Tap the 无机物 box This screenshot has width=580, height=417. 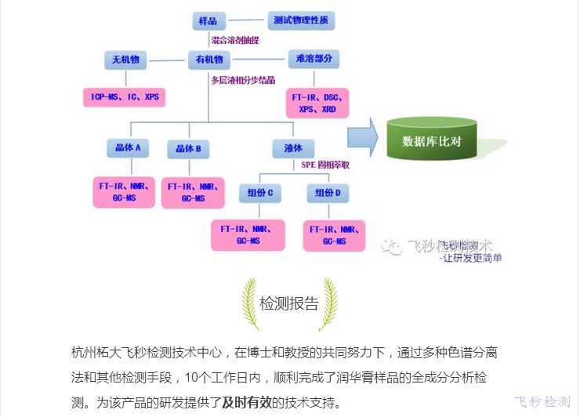coord(125,60)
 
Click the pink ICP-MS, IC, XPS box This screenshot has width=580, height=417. coord(125,97)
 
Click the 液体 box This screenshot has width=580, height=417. coord(293,147)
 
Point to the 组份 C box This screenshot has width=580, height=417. coord(260,192)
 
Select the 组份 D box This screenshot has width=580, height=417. coord(328,192)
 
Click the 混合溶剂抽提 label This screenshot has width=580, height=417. coord(235,39)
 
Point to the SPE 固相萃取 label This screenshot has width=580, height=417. coord(325,165)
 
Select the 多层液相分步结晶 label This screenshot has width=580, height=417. coord(243,80)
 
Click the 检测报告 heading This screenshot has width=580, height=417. coord(289,304)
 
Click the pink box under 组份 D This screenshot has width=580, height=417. coord(334,235)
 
